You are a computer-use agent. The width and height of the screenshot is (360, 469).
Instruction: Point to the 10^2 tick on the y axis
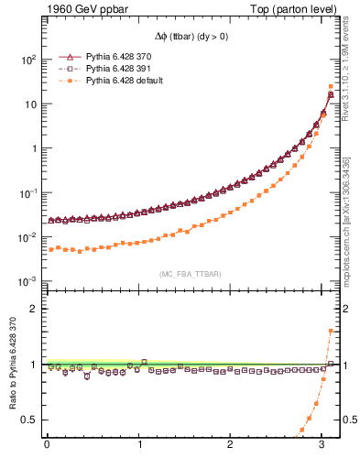tap(28, 60)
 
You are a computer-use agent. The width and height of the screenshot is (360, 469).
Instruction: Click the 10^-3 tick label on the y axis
tap(27, 281)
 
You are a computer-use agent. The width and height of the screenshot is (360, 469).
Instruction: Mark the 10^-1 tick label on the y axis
tap(27, 193)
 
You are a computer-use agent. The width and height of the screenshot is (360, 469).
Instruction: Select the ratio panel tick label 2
tap(34, 309)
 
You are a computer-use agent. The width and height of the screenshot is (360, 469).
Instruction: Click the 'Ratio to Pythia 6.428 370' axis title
tap(11, 364)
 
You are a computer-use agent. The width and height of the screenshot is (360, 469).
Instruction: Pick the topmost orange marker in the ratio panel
tap(331, 331)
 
